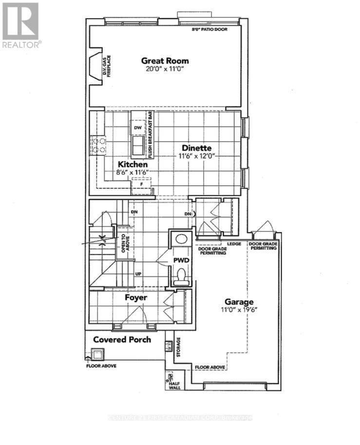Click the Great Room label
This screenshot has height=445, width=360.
click(165, 61)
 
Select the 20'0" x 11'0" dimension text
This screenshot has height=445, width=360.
click(165, 70)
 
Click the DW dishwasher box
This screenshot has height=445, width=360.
click(137, 128)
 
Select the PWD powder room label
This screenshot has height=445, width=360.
click(181, 261)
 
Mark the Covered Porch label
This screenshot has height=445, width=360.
click(122, 339)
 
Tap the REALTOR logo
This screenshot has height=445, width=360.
click(20, 24)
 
